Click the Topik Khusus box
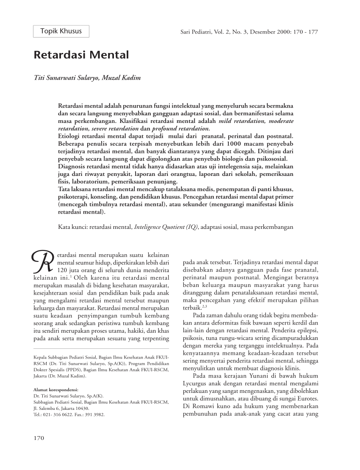coord(61,31)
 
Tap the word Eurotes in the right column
coord(308,398)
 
